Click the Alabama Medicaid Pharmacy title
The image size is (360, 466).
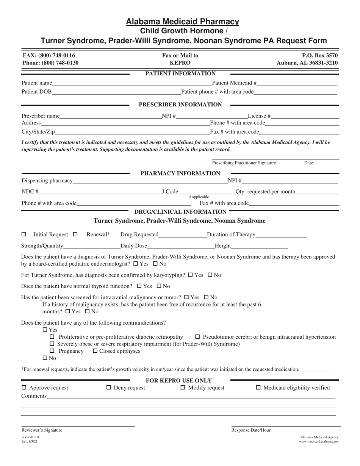click(x=182, y=22)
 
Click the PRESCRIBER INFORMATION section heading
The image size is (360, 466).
click(x=180, y=105)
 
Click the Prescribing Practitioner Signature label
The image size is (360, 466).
click(x=244, y=163)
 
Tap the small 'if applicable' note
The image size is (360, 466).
click(x=199, y=197)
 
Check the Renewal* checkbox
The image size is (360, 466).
click(x=75, y=235)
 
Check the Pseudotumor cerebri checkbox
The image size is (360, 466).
click(x=197, y=337)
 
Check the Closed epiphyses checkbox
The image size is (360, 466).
click(x=95, y=351)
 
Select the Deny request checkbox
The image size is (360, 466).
click(x=109, y=388)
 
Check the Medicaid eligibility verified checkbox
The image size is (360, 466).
click(x=259, y=388)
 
